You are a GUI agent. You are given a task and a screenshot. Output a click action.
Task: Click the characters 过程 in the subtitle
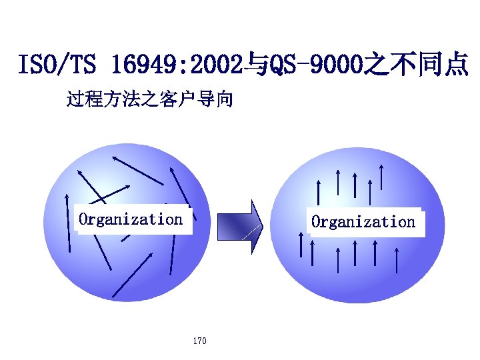(x=83, y=101)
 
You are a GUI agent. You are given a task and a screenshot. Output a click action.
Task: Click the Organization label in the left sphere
(x=131, y=219)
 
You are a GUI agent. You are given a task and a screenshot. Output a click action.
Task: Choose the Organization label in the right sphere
(x=363, y=221)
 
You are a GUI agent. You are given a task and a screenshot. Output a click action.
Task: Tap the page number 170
(x=199, y=341)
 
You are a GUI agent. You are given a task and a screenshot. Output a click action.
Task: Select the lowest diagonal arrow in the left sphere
(x=133, y=274)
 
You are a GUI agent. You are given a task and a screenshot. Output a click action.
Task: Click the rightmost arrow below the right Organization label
(x=397, y=260)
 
